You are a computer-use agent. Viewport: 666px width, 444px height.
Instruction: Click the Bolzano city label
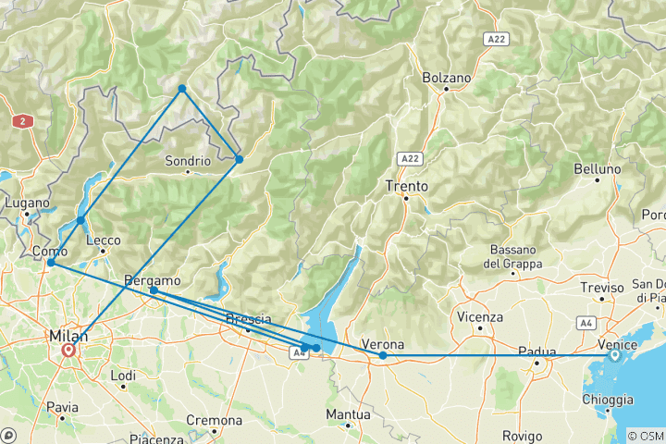point(446,78)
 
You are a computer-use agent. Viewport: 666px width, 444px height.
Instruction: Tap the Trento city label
point(406,186)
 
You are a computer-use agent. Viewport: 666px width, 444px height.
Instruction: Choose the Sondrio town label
point(188,160)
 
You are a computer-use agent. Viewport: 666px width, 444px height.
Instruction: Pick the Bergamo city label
point(152,279)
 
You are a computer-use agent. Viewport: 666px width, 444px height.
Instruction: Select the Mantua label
point(348,413)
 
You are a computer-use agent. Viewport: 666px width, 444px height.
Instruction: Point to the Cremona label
point(214,420)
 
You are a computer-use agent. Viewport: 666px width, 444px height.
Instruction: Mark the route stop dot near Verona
point(383,355)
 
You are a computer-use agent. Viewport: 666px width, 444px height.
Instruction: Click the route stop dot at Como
point(51,263)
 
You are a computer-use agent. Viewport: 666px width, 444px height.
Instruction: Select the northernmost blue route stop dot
point(182,89)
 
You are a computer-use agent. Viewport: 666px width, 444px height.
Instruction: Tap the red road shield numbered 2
point(19,121)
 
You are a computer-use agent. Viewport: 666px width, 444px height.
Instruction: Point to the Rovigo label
point(524,435)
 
